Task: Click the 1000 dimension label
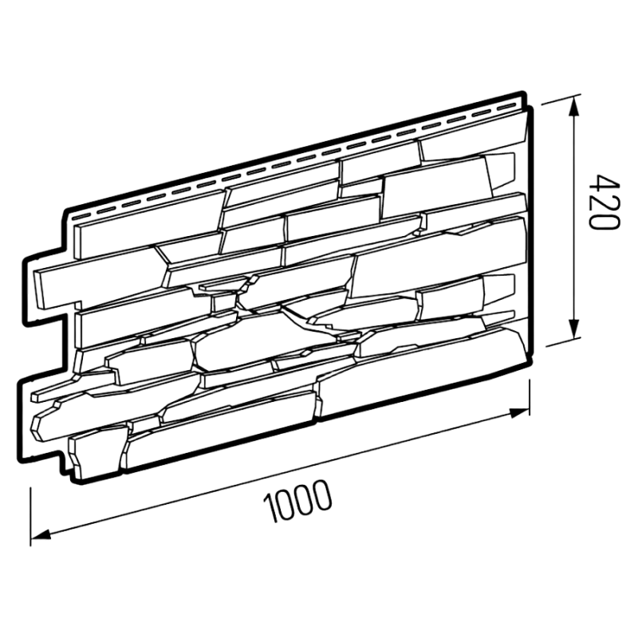297,502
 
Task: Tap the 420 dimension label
606,203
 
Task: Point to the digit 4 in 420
606,183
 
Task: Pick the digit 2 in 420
606,203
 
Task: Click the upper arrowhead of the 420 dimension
574,107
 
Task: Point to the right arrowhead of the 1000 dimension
519,412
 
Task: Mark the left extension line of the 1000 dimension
30,516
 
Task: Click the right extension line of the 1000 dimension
529,396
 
